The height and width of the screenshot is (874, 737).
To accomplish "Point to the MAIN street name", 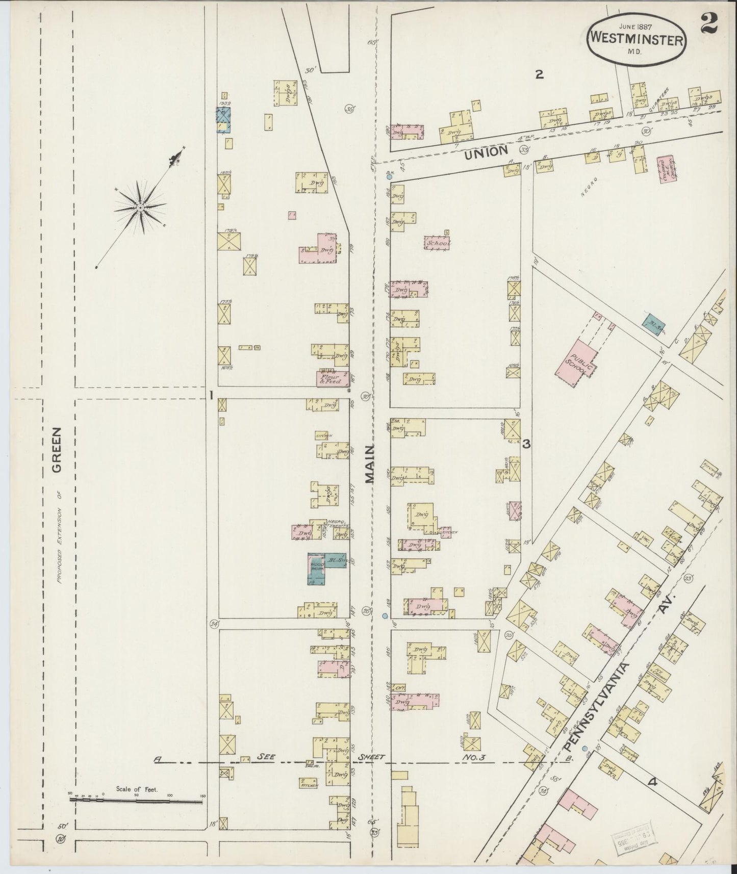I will pos(370,462).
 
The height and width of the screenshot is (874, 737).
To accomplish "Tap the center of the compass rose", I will pos(139,208).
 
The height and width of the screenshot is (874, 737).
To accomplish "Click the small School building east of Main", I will pos(438,243).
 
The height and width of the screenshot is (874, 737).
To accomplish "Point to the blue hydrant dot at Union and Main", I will pos(389,177).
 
